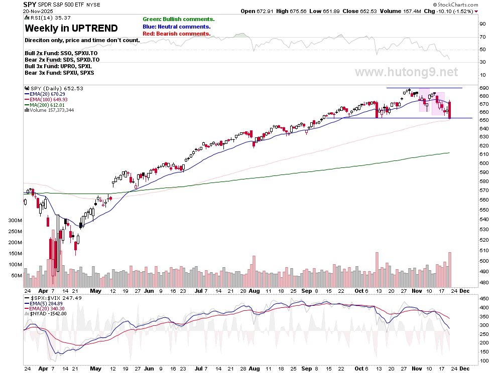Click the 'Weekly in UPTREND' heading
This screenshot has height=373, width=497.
(71, 28)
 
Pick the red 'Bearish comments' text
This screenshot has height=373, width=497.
(177, 34)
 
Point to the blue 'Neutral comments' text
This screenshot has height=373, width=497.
(177, 27)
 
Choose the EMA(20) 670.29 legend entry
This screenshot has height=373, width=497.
(47, 94)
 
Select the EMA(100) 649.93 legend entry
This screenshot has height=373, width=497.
(49, 99)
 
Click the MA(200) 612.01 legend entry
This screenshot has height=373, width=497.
(47, 105)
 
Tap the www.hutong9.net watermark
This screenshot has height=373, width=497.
(406, 72)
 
